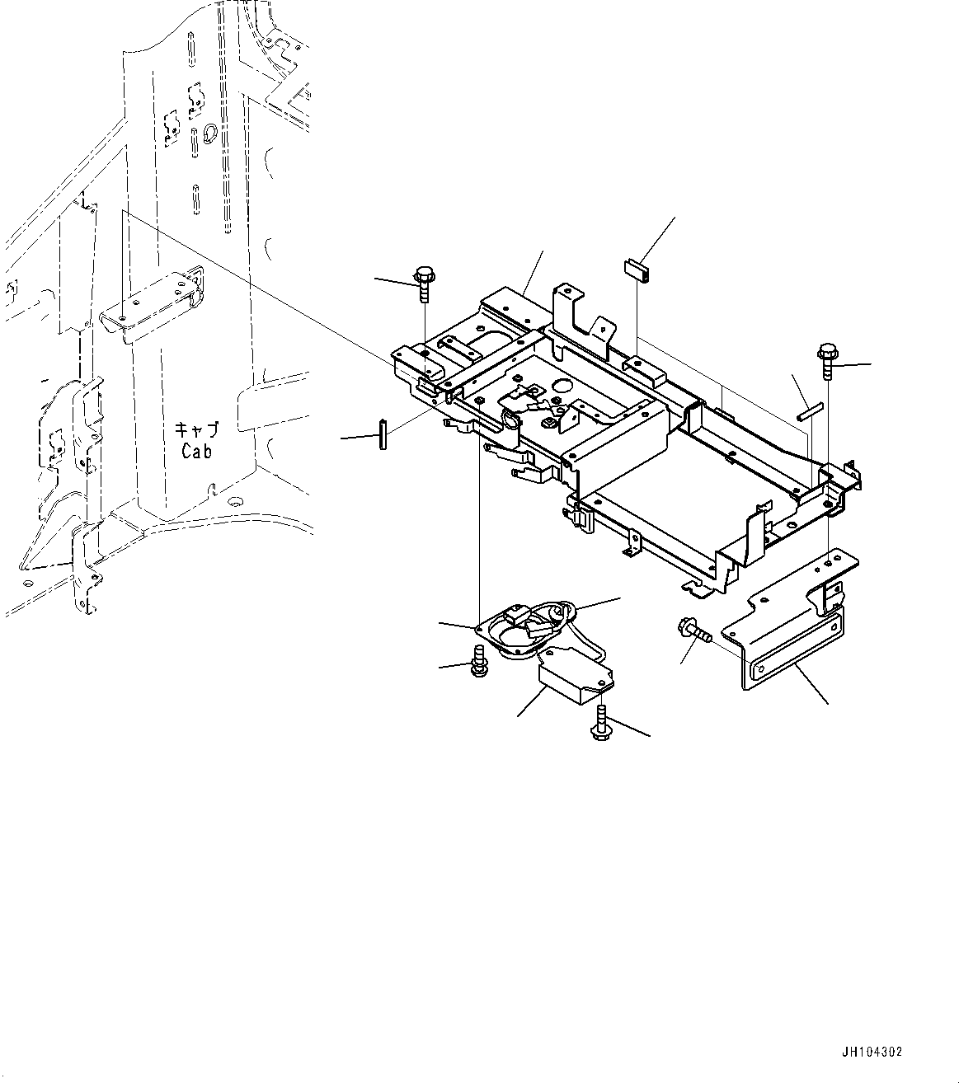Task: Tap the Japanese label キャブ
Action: coord(195,429)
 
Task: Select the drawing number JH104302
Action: coord(872,1053)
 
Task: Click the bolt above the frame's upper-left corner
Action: coord(425,284)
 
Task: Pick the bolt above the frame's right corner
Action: coord(827,361)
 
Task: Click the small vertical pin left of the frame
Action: coord(382,434)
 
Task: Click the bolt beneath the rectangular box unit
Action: coord(601,724)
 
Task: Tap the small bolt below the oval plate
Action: coord(477,664)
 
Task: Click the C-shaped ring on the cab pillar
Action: coord(209,131)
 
